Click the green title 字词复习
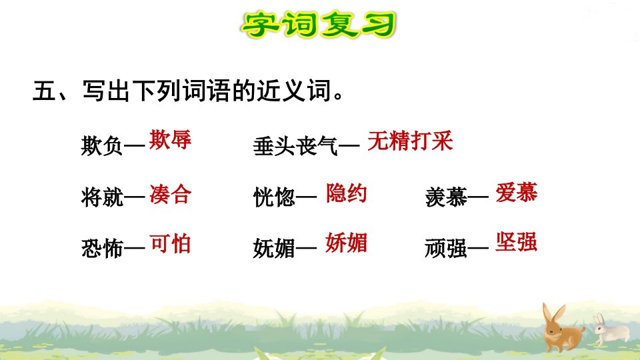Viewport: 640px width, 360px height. click(319, 25)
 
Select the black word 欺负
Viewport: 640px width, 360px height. click(101, 145)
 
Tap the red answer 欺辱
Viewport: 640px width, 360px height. click(170, 139)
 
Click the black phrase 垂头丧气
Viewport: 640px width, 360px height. click(295, 146)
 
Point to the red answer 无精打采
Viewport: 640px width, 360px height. click(410, 141)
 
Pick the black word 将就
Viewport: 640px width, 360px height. click(101, 197)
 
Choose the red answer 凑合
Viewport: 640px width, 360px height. click(170, 194)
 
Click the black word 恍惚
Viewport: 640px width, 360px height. click(274, 197)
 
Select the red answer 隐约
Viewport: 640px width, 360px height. click(346, 193)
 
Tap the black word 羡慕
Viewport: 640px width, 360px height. click(446, 197)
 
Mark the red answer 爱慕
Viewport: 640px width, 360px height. click(516, 192)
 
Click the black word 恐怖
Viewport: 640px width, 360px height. click(101, 248)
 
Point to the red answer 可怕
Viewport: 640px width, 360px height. click(170, 244)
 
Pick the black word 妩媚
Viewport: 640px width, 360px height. click(274, 248)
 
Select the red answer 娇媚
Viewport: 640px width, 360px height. click(346, 243)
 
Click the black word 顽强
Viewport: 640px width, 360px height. click(446, 248)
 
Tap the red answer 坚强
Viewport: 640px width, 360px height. click(516, 241)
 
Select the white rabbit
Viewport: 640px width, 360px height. click(611, 330)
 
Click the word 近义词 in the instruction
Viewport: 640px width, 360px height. click(293, 91)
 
